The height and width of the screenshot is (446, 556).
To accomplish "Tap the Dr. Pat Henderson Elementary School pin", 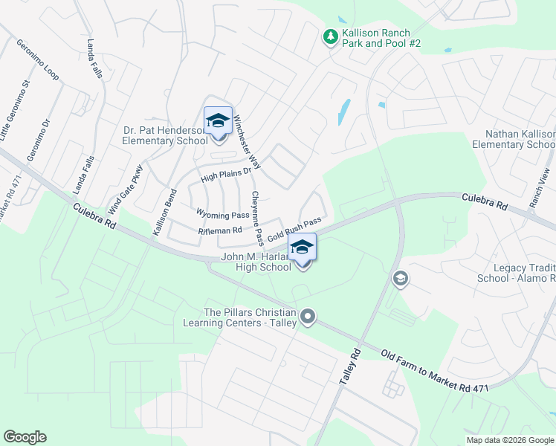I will (218, 121).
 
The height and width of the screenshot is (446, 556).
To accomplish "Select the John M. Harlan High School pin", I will (302, 248).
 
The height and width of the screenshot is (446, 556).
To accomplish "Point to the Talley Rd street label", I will (349, 366).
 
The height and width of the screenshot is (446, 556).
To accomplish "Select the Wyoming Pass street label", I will (222, 214).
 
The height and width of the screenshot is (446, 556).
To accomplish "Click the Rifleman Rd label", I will (220, 230).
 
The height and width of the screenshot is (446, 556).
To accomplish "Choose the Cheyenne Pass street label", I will (256, 218).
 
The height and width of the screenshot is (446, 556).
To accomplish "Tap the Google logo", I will (25, 437).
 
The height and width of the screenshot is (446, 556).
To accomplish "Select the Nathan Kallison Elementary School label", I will (520, 139).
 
